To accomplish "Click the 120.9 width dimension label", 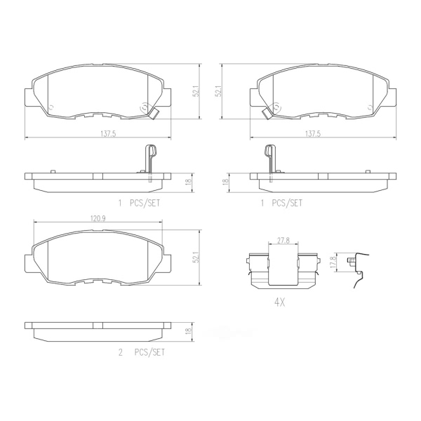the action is click(x=97, y=218).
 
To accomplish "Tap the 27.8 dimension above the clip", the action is click(x=283, y=240).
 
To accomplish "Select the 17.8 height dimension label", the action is click(x=333, y=262).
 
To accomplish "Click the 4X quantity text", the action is click(x=279, y=303).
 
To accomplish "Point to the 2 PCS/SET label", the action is click(x=142, y=352).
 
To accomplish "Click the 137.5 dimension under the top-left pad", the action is click(x=108, y=134).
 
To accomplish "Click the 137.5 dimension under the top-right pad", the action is click(x=313, y=134).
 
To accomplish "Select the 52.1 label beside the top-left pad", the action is click(x=196, y=91).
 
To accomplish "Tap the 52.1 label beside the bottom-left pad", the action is click(x=196, y=258).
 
